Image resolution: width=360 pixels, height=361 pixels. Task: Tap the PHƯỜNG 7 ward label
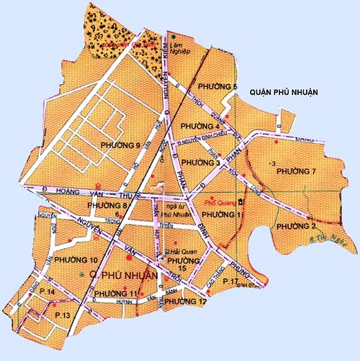point(297,170)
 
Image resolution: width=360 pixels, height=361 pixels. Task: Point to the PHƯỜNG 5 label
point(220,87)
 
